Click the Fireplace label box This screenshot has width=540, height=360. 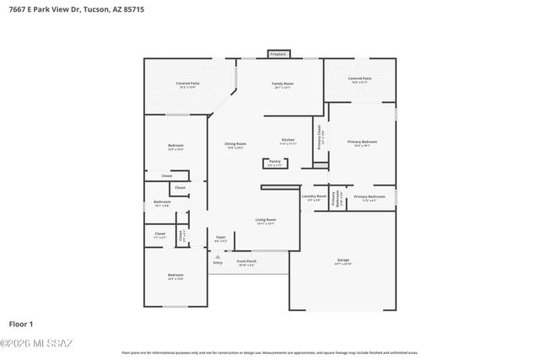coord(278,54)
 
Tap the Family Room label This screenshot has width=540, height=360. coord(282,85)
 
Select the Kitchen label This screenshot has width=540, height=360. coord(288,141)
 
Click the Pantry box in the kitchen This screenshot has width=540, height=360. coord(274,162)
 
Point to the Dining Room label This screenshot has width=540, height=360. coord(235,145)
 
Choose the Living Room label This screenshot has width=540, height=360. coord(266,221)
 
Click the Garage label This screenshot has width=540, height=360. coord(343,261)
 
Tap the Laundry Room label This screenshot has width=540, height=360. coord(314,197)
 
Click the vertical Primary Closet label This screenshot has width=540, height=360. coord(320,137)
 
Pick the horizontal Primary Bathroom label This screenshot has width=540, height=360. coord(369,197)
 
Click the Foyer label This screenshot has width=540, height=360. coord(220,239)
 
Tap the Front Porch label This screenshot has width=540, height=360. coord(246,262)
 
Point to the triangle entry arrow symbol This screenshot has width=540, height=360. coord(218,256)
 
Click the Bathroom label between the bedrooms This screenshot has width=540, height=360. coord(162,203)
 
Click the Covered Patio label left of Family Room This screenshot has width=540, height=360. coord(187,84)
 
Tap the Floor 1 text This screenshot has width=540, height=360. coord(21,324)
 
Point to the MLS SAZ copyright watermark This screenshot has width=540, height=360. coord(36,342)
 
